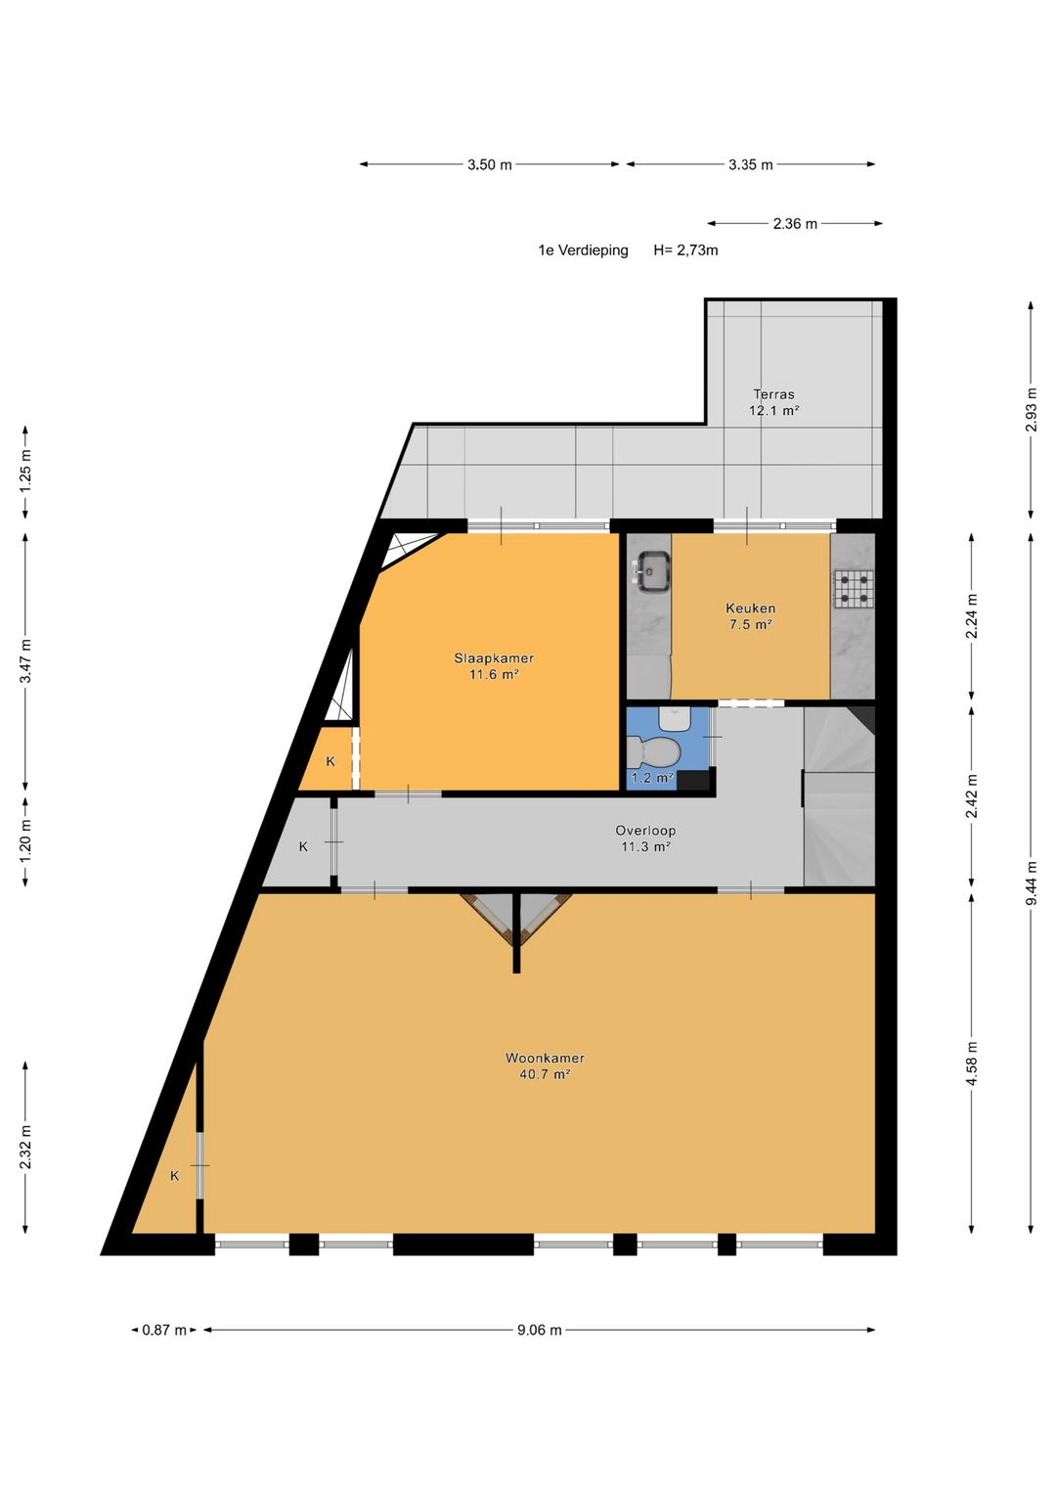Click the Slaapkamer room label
tap(494, 658)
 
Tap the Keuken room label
tap(750, 609)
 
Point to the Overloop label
tap(645, 831)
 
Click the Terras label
tap(774, 394)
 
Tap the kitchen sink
tap(652, 571)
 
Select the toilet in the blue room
tap(653, 751)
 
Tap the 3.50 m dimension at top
tap(489, 164)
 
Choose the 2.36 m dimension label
tap(795, 224)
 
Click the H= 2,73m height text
tap(685, 250)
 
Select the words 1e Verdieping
tap(584, 250)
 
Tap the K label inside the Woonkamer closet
tap(175, 1176)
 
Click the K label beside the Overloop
tap(303, 847)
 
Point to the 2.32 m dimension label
tap(25, 1148)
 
